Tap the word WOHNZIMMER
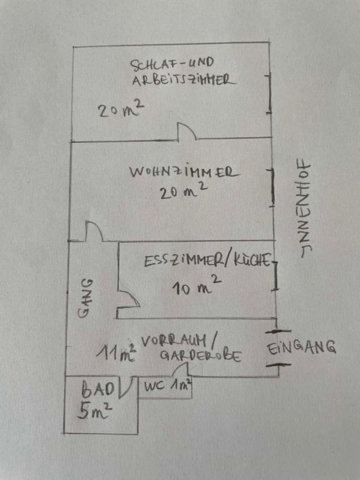[x=185, y=172]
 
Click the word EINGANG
[x=301, y=348]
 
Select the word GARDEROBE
[x=201, y=356]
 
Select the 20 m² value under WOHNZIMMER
[x=183, y=191]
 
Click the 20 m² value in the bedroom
[x=121, y=110]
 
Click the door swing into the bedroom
[x=187, y=132]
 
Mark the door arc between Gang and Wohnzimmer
[x=95, y=231]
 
